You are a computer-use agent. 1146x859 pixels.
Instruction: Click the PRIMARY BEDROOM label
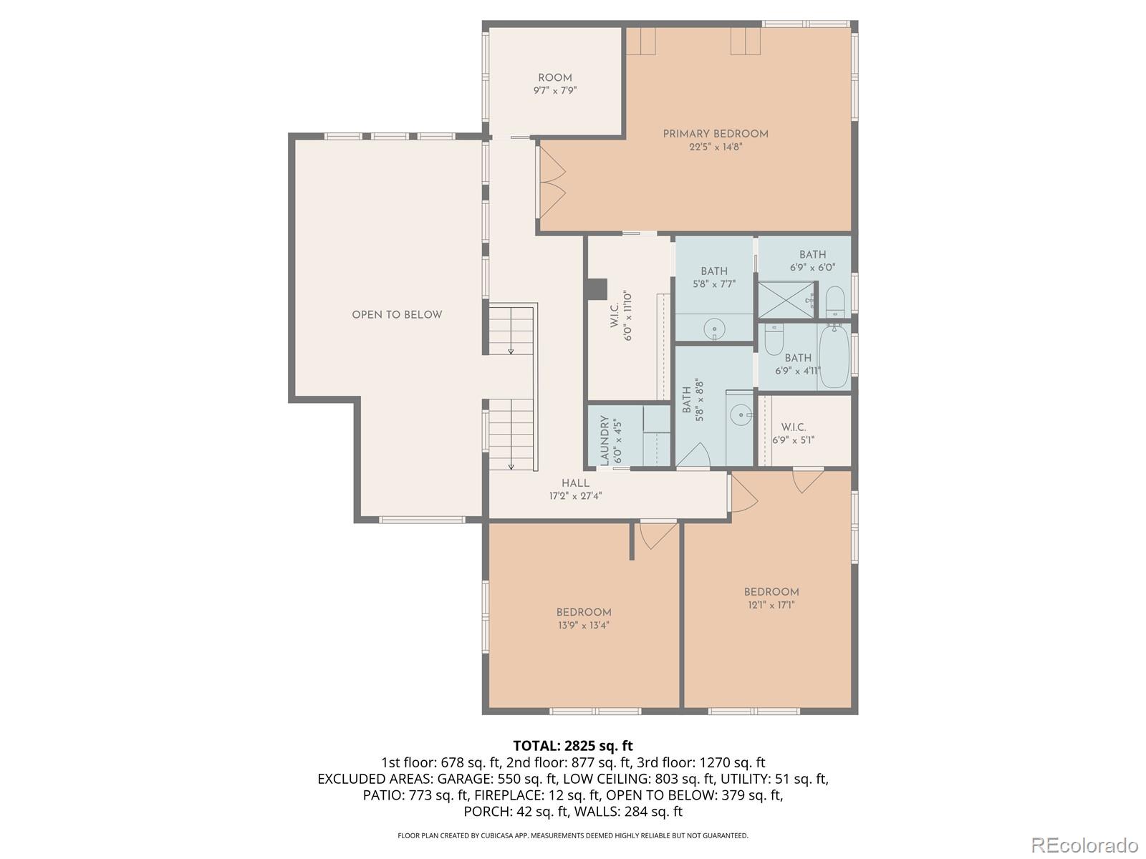[715, 134]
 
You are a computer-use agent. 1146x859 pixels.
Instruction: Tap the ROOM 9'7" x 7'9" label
[555, 84]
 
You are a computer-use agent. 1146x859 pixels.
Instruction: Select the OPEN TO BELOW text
[397, 315]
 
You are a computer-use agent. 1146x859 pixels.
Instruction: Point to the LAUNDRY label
[605, 440]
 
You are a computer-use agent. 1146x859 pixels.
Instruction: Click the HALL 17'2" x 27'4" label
[575, 489]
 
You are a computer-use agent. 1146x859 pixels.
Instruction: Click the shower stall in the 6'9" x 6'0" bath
[786, 300]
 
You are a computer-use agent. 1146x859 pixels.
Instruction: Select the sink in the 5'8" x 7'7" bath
[714, 330]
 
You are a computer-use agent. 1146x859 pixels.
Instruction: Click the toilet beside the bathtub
[774, 341]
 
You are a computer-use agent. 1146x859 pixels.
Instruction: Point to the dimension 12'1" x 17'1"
[771, 605]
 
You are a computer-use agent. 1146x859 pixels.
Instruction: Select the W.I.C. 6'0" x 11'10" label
[621, 316]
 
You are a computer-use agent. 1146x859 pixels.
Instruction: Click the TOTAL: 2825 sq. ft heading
[573, 746]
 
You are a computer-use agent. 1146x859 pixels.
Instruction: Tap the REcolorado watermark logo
[1084, 845]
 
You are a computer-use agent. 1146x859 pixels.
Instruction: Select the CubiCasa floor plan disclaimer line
[573, 835]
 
